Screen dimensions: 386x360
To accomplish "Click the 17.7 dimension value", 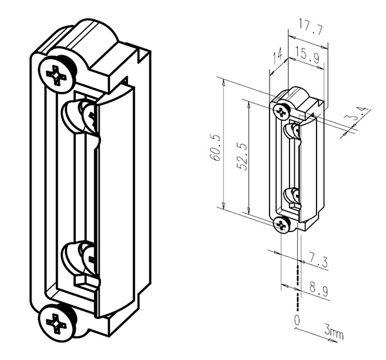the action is pos(311,27).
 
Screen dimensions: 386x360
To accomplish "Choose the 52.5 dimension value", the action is pos(242,156).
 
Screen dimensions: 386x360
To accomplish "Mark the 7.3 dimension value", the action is pos(318,261).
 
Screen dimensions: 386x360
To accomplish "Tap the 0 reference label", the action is pos(297,320).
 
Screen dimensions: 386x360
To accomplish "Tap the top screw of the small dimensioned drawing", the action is pos(282,112).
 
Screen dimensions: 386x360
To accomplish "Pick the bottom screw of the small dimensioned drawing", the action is pos(282,224).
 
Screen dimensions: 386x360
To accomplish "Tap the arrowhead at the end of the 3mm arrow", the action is pos(333,341).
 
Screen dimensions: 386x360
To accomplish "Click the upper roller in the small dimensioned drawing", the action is pos(291,130).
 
